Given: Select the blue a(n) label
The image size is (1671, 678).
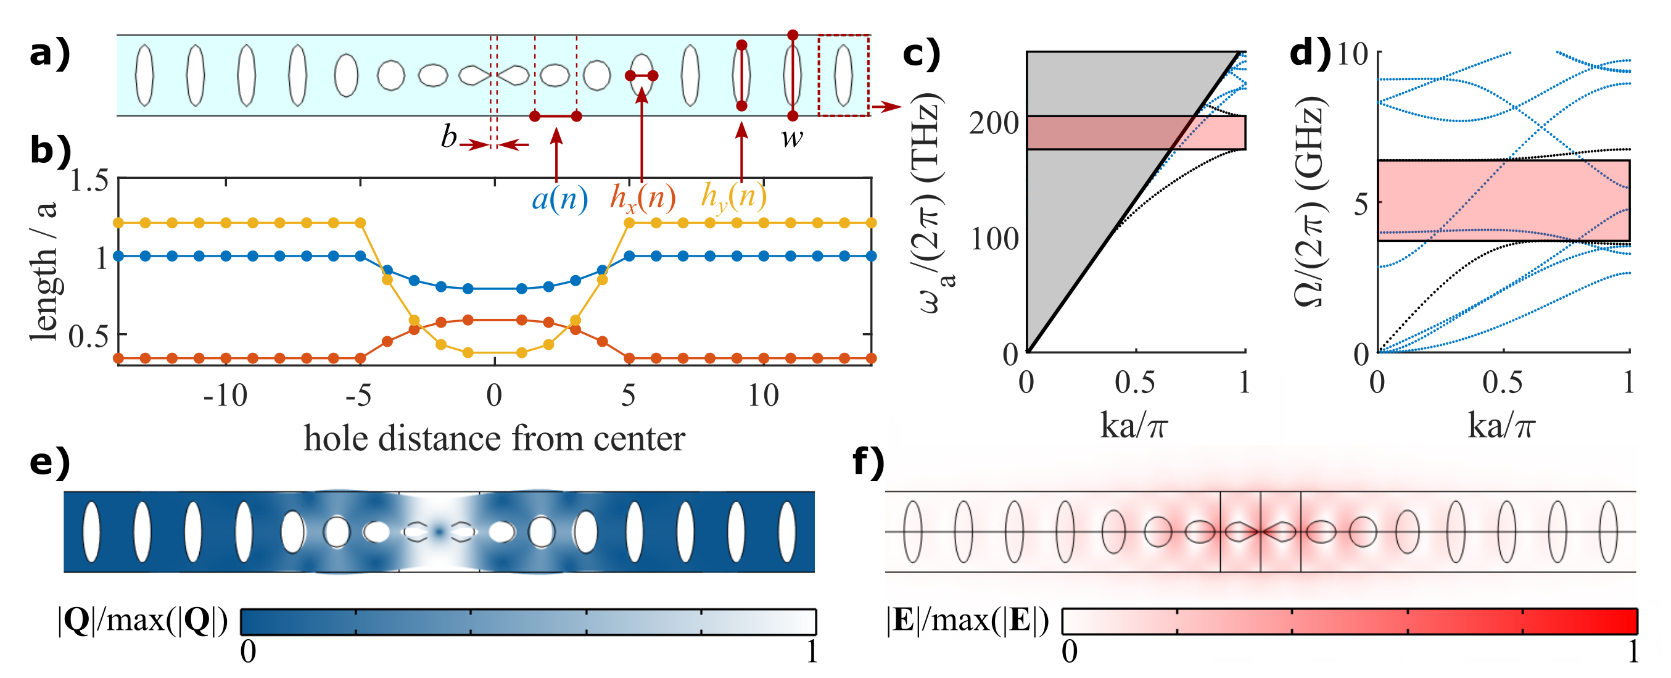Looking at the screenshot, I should coord(560,198).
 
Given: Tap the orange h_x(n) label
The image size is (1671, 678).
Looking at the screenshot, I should coord(642,198).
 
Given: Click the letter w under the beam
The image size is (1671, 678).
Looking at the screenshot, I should coord(791,138).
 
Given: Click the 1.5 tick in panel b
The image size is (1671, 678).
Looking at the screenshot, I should coord(89,181).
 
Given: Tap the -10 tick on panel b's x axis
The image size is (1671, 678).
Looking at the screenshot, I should coord(225,395).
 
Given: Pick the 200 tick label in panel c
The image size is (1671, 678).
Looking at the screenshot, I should coord(994,123).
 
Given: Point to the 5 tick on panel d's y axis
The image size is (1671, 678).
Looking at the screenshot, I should coord(1361,204).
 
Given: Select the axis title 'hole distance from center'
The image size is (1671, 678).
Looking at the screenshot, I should coord(494,439).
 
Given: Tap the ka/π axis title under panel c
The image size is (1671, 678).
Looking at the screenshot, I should coord(1134,426).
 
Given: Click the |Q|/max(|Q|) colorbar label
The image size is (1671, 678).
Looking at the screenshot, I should coord(142,621).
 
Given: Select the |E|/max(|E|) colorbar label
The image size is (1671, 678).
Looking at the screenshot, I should coord(967,621).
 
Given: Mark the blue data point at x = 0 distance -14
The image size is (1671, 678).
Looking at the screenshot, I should coord(118,256).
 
